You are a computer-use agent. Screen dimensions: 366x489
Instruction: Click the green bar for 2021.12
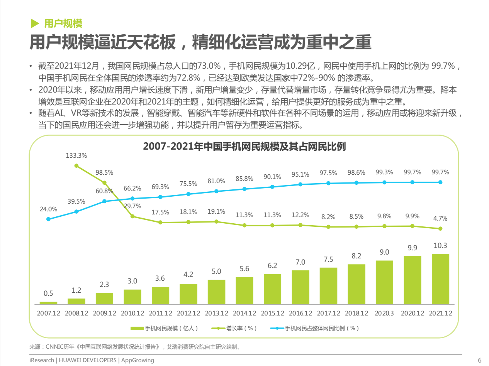tap(440, 279)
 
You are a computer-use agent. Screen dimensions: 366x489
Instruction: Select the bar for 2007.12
tap(48, 303)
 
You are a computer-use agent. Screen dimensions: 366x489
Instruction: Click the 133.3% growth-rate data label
tap(76, 156)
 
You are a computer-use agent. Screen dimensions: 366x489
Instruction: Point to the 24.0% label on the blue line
tap(48, 209)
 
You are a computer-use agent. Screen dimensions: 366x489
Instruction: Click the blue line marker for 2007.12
tap(48, 219)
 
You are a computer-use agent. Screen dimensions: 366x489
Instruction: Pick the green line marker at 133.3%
tap(76, 166)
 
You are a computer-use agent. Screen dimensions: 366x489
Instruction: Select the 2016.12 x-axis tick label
tap(301, 313)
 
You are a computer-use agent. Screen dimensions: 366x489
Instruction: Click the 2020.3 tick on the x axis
tap(384, 313)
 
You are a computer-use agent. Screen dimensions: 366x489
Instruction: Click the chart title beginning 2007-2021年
tap(244, 147)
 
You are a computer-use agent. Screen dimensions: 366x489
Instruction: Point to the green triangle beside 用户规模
tap(35, 24)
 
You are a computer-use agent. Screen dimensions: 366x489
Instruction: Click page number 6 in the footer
tap(480, 360)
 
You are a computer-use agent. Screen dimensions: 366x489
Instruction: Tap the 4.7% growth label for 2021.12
tap(440, 218)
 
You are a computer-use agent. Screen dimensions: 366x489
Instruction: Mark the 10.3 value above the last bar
tap(440, 246)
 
